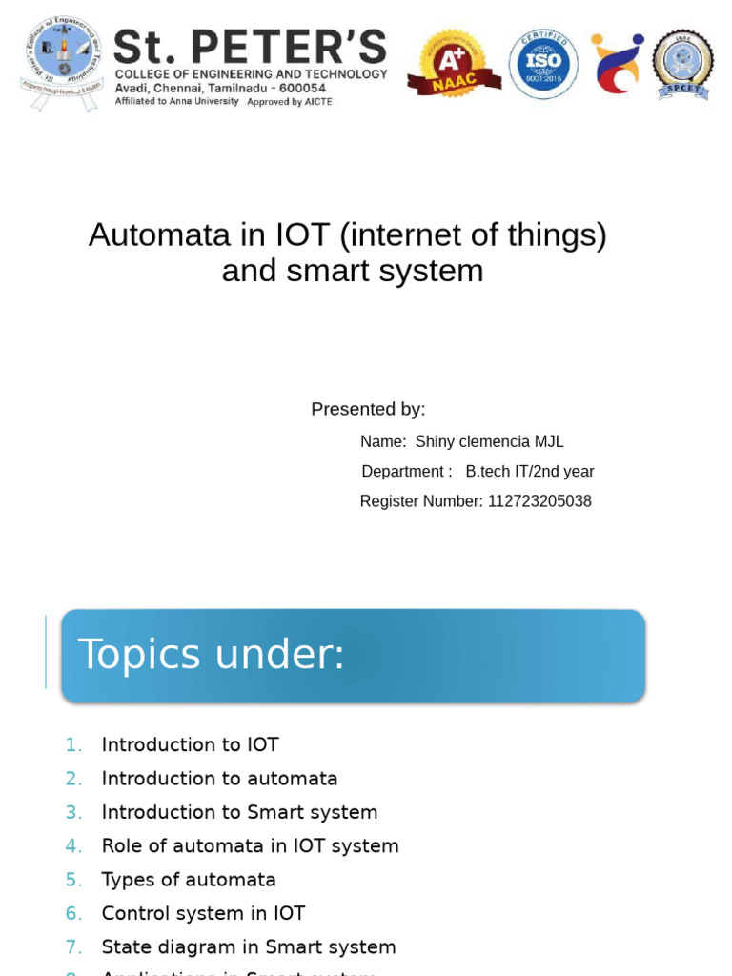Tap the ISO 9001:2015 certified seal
543,64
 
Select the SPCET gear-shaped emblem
682,64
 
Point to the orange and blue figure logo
616,64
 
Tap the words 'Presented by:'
368,409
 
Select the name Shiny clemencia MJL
490,441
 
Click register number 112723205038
539,501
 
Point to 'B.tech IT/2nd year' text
530,472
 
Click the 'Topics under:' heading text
211,655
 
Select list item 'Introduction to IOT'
190,744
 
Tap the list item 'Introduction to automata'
219,779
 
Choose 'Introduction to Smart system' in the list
239,812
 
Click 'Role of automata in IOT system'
250,845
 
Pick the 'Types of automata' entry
189,880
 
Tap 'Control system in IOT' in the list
203,913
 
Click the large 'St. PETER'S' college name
250,47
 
